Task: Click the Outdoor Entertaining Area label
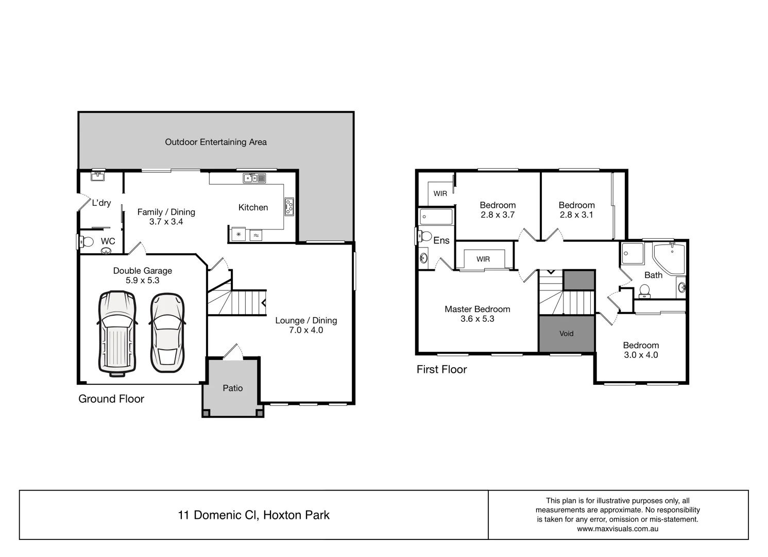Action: [216, 142]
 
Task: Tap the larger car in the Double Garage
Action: [117, 331]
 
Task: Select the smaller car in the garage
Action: [167, 333]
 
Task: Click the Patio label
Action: [232, 388]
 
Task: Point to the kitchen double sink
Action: [254, 178]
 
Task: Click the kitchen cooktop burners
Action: [289, 206]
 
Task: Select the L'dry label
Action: [101, 203]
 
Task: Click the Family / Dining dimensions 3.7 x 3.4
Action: [166, 222]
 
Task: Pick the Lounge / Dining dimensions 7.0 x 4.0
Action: [306, 330]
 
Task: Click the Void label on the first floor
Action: [566, 334]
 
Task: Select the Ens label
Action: [441, 240]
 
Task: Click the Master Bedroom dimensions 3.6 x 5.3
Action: [477, 319]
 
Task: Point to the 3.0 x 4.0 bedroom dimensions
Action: [641, 355]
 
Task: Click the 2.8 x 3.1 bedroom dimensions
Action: [576, 215]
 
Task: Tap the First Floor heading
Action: [441, 369]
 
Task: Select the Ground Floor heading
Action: [111, 399]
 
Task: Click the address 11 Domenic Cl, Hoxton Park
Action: [254, 515]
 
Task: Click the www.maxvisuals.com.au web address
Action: [618, 529]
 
